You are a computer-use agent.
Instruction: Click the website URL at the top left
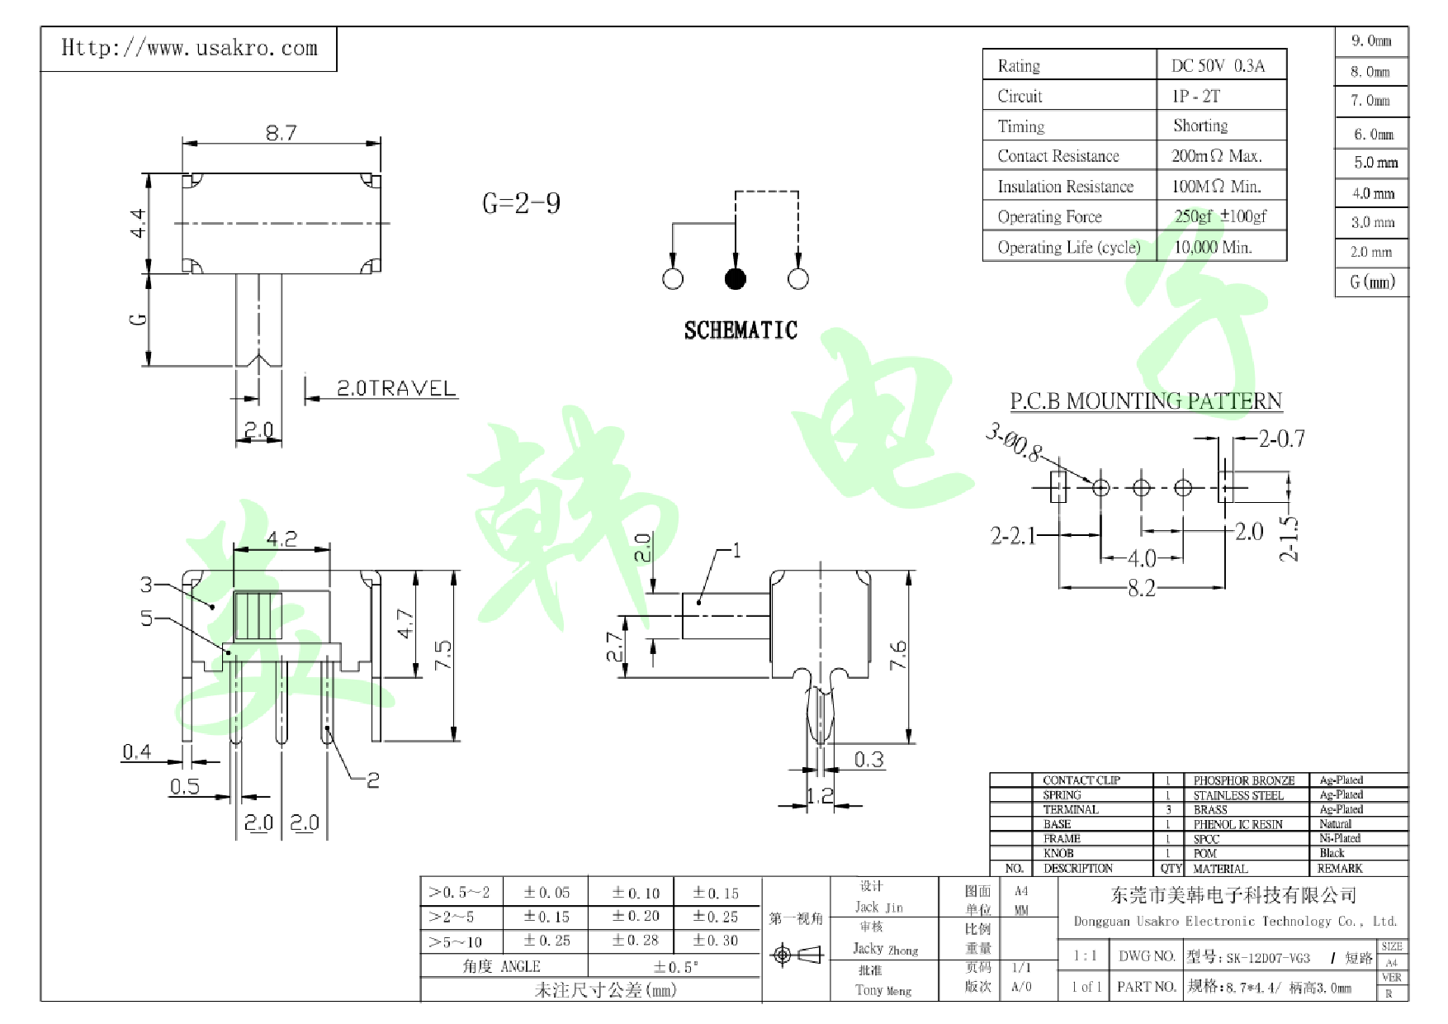[x=189, y=48]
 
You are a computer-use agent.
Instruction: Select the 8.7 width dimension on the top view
[x=281, y=132]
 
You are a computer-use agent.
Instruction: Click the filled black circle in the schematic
[x=735, y=279]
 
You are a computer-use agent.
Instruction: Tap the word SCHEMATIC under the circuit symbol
[x=741, y=330]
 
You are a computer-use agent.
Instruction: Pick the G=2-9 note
[x=521, y=203]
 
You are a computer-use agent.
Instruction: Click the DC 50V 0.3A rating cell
[x=1218, y=66]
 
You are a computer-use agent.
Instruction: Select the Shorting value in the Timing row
[x=1200, y=126]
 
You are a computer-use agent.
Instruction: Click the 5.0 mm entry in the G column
[x=1375, y=163]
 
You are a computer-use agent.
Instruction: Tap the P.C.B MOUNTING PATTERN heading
[x=1146, y=401]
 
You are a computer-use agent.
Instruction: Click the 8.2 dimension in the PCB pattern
[x=1141, y=588]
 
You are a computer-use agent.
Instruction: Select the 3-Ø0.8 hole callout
[x=1014, y=443]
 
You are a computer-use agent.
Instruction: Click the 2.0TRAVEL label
[x=396, y=388]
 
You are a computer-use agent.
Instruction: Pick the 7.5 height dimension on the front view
[x=443, y=655]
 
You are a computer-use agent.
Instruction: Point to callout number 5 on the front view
[x=146, y=618]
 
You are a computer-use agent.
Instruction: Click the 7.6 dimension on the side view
[x=898, y=655]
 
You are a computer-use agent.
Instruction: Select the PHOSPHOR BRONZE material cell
[x=1243, y=780]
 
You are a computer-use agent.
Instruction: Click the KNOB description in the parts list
[x=1058, y=853]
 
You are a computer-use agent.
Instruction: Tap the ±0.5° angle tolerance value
[x=675, y=967]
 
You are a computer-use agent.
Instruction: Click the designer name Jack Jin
[x=878, y=907]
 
